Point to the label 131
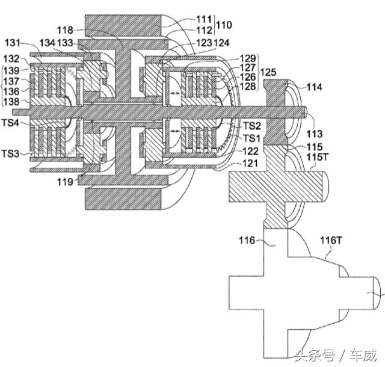point(13,43)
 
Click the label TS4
point(10,123)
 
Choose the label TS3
point(10,155)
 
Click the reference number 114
point(315,88)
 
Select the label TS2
point(252,126)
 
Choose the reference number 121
point(250,162)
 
